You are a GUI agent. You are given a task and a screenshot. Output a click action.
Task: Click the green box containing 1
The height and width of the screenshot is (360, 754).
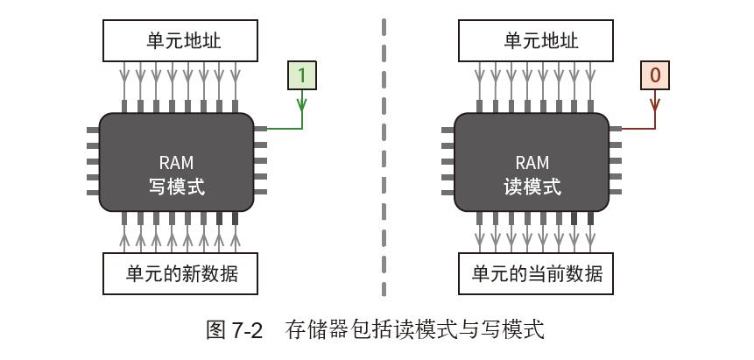click(x=302, y=75)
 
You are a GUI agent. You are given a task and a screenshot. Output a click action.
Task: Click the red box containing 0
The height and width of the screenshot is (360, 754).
click(x=654, y=75)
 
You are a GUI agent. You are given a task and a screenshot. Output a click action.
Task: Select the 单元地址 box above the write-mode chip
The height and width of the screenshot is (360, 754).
click(x=180, y=41)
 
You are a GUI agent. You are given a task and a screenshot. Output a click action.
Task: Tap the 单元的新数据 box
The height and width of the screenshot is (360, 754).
click(x=180, y=273)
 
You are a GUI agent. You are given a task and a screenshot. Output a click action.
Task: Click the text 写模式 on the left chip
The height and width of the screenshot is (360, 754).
click(x=177, y=187)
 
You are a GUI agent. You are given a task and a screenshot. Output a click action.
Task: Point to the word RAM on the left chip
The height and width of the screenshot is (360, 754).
click(x=177, y=163)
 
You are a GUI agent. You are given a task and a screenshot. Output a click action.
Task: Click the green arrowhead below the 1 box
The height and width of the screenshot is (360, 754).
click(x=302, y=104)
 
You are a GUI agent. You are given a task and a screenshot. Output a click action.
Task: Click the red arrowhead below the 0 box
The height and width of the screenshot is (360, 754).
click(x=654, y=104)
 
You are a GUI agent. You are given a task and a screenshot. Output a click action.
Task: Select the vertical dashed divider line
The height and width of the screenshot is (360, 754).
click(x=384, y=158)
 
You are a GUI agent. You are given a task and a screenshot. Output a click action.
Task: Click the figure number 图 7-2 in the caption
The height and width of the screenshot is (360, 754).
click(x=234, y=330)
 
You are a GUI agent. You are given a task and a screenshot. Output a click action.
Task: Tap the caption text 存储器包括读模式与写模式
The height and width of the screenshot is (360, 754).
click(x=414, y=330)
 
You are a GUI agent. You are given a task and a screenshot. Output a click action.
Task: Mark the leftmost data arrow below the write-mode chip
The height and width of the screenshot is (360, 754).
click(x=124, y=236)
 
